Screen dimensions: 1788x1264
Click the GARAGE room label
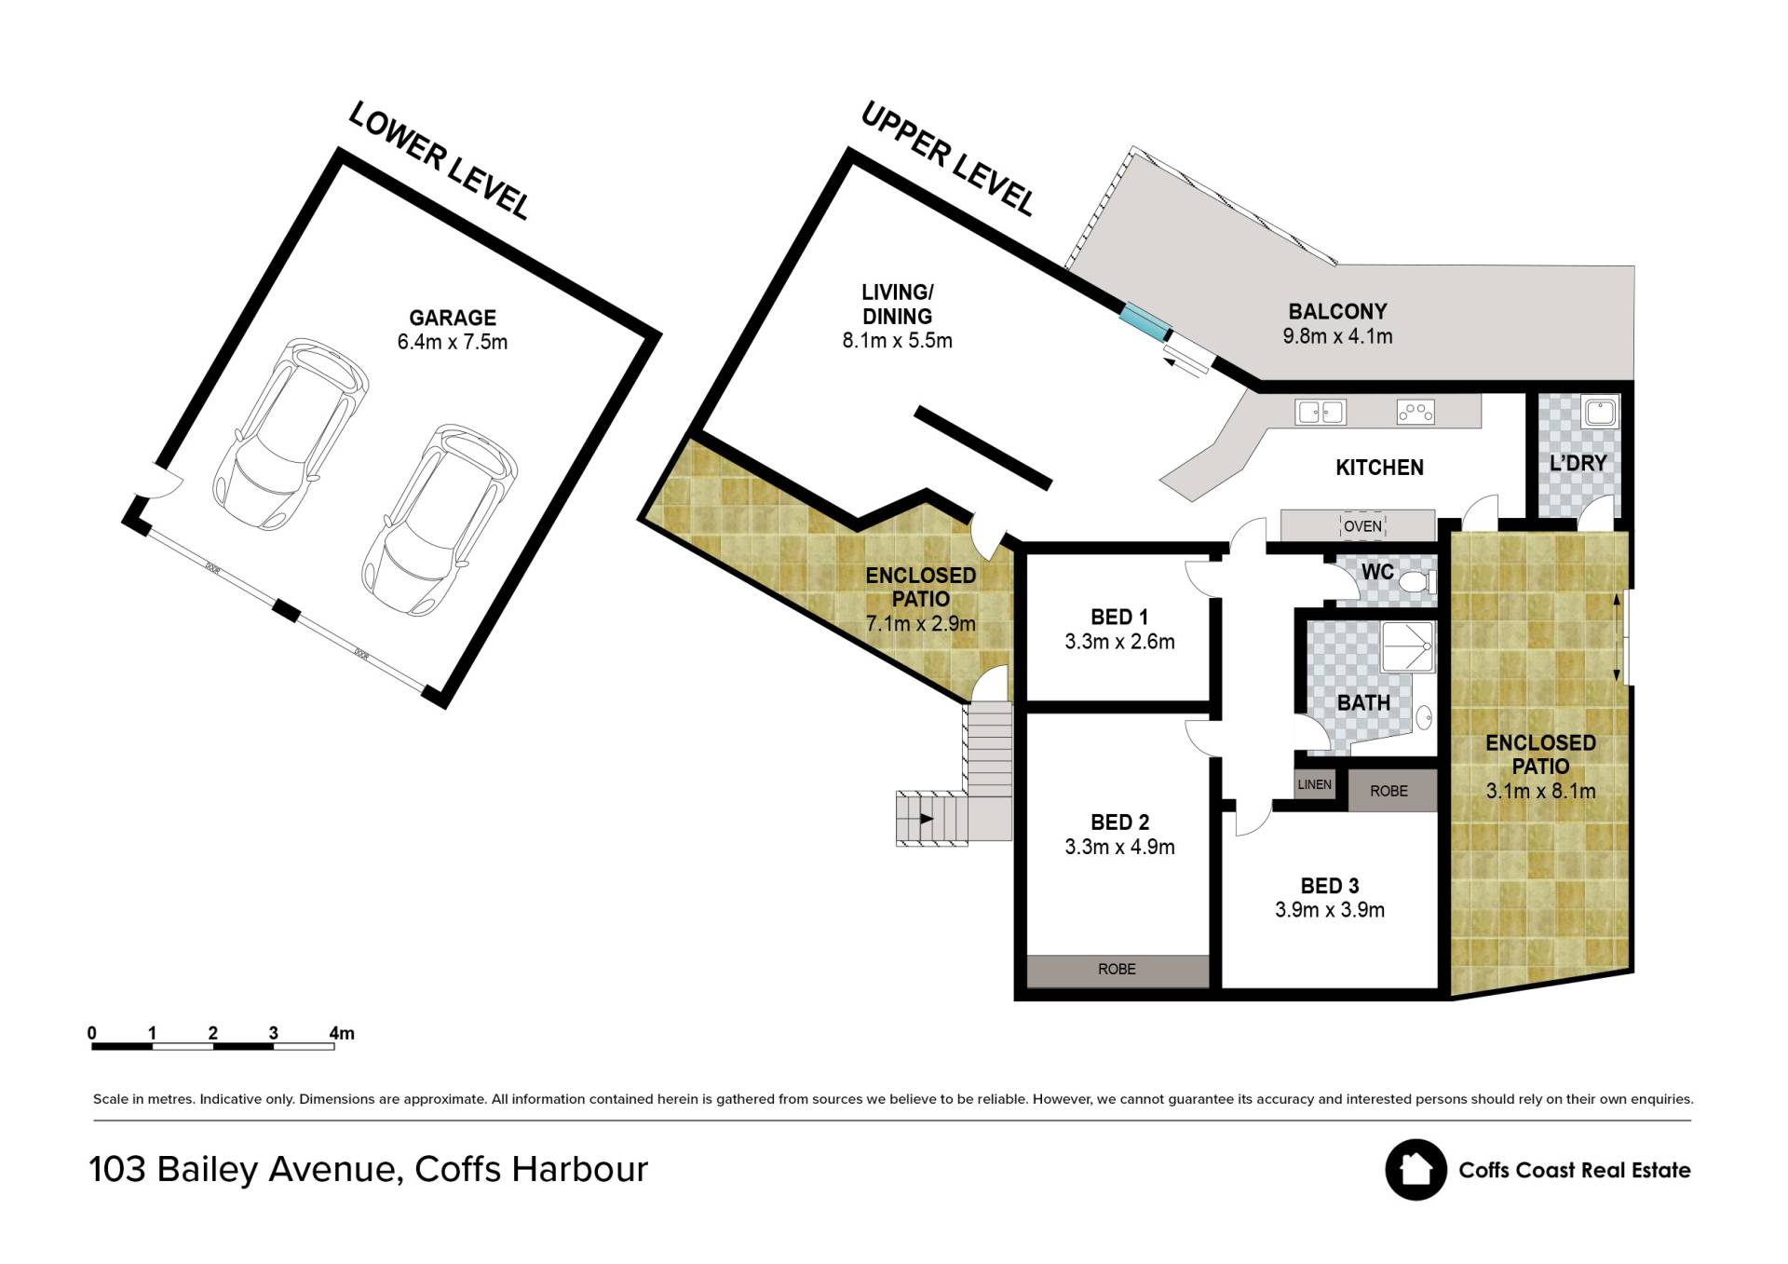point(453,318)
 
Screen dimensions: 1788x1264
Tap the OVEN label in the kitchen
point(1362,526)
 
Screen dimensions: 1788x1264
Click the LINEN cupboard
point(1315,784)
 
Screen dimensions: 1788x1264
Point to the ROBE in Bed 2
point(1117,970)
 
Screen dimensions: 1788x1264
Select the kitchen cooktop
point(1415,412)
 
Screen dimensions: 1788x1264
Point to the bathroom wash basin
point(1424,718)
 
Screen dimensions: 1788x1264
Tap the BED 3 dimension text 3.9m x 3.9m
point(1330,910)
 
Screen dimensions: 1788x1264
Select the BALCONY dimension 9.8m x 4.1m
point(1337,336)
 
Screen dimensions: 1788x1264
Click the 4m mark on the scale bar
point(342,1033)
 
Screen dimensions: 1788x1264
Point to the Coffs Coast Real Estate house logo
point(1415,1170)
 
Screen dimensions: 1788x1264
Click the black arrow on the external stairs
point(927,819)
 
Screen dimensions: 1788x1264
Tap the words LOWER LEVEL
point(439,161)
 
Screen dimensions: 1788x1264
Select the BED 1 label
point(1119,617)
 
